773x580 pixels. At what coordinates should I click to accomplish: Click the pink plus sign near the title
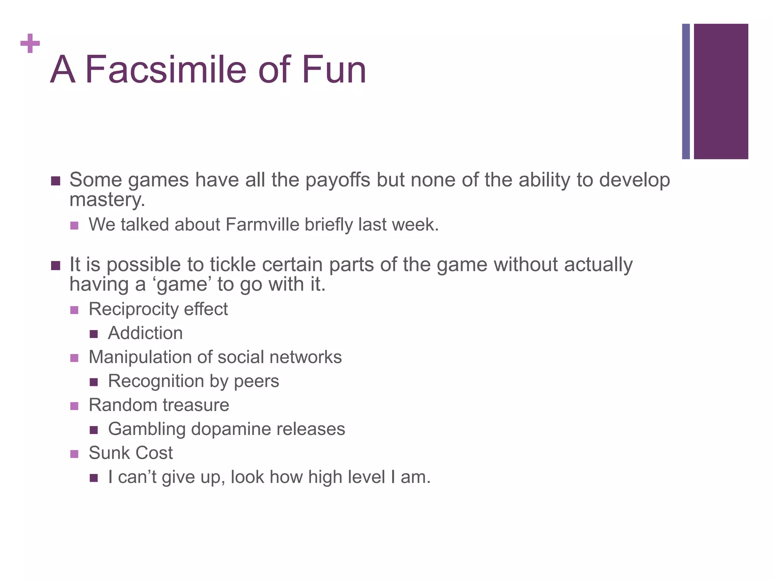(30, 43)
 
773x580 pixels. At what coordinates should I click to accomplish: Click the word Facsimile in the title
(166, 70)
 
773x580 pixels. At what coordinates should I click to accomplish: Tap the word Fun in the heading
(334, 70)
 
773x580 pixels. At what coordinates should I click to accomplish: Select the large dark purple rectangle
(721, 91)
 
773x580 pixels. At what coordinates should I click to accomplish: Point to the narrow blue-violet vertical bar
(686, 91)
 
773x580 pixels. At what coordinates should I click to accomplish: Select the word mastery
(107, 200)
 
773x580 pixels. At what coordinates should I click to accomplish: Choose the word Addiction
(145, 333)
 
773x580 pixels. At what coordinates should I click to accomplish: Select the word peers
(257, 381)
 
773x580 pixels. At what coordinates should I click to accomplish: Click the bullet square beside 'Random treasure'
(74, 406)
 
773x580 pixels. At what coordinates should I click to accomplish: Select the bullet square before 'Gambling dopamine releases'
(94, 430)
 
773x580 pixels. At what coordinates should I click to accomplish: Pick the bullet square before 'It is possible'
(55, 266)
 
